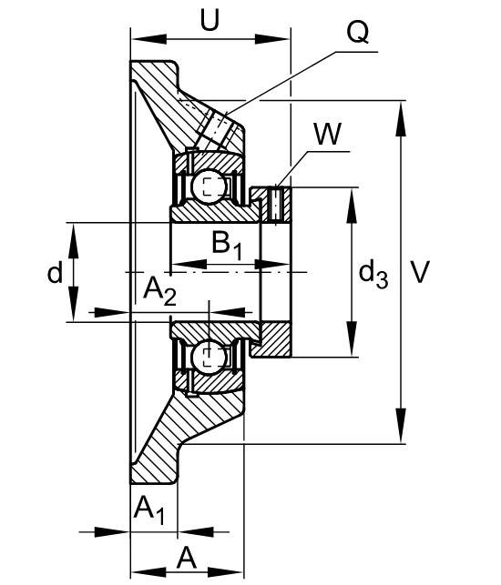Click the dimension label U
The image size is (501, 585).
click(x=210, y=20)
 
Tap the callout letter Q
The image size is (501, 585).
click(x=358, y=32)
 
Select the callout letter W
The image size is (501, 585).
click(x=328, y=134)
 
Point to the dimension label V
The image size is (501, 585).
click(x=420, y=272)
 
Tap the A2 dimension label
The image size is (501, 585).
click(x=159, y=292)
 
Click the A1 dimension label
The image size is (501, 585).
click(x=149, y=510)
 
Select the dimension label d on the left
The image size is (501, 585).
click(x=55, y=272)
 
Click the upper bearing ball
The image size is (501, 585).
click(x=209, y=186)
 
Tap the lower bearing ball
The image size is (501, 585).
click(x=209, y=358)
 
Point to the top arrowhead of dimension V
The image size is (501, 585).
click(x=401, y=118)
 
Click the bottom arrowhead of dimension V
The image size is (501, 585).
click(x=401, y=426)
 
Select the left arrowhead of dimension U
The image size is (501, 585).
click(x=149, y=39)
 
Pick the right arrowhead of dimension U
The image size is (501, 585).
click(x=272, y=39)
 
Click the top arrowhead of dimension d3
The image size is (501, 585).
click(x=352, y=206)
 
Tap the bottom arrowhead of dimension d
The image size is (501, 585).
click(x=74, y=303)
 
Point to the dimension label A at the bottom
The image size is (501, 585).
click(x=187, y=559)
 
